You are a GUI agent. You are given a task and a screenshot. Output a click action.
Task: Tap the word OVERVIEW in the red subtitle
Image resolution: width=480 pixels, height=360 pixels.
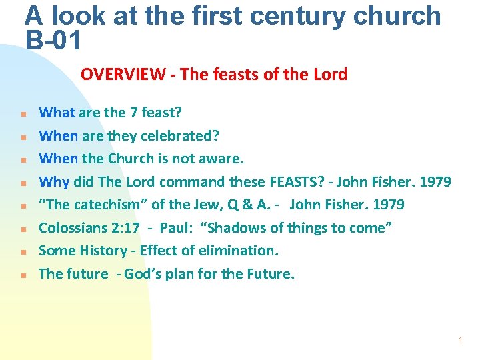[x=123, y=74]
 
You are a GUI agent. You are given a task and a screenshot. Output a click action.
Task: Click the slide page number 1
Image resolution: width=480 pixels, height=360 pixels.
[x=460, y=341]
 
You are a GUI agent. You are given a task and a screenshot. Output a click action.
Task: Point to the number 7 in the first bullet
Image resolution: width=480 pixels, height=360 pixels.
[x=133, y=113]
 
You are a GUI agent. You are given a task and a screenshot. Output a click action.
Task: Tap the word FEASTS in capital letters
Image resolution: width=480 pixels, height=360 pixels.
[x=292, y=182]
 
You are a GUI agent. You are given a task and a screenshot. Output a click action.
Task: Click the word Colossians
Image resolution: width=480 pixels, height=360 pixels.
[x=71, y=228]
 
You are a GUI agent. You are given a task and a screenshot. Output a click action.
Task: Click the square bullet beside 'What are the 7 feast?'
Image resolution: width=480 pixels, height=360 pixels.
[x=22, y=114]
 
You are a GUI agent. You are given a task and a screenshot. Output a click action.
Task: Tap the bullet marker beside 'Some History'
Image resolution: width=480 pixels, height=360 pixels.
[x=22, y=252]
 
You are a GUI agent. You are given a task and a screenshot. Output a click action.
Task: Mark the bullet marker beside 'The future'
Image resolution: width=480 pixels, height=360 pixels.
[x=22, y=275]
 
